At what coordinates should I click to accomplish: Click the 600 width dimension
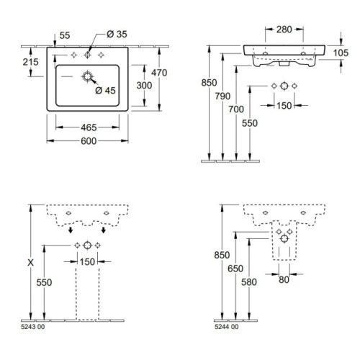(x=89, y=141)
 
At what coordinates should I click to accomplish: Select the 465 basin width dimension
(x=89, y=127)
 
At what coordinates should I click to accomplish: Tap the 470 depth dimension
(x=159, y=73)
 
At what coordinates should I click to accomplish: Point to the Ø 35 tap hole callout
(x=117, y=34)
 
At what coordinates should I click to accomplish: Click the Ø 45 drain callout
(x=105, y=91)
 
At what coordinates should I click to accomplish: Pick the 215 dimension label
(x=30, y=62)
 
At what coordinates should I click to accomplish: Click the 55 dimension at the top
(x=65, y=35)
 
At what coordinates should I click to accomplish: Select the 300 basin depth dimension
(x=144, y=86)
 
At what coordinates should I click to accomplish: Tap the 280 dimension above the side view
(x=284, y=30)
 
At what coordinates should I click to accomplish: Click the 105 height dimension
(x=341, y=53)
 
